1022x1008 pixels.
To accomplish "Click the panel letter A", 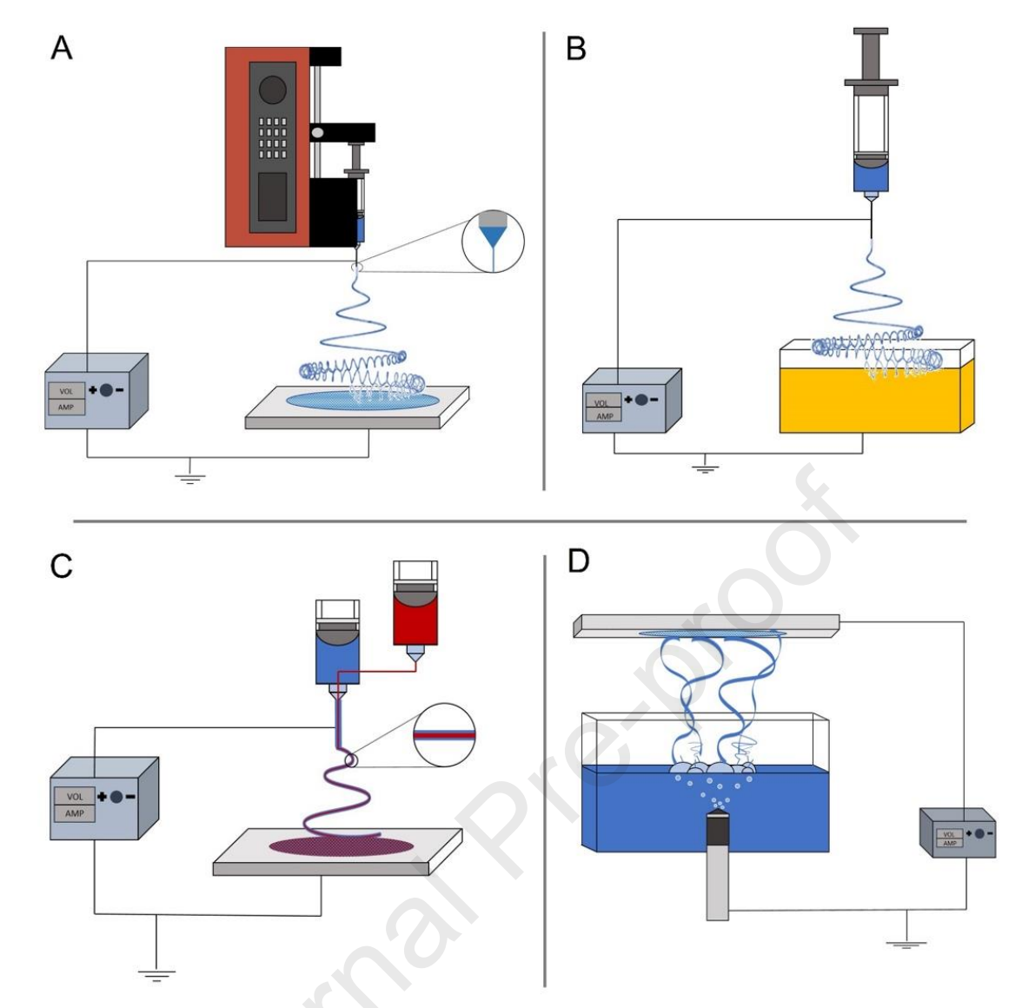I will point(62,48).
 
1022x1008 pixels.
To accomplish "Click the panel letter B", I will point(575,48).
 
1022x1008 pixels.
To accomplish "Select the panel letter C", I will point(62,566).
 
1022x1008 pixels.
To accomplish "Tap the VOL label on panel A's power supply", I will point(66,391).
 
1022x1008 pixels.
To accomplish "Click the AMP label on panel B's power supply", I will point(605,415).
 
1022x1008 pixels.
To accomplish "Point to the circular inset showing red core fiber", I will point(444,733).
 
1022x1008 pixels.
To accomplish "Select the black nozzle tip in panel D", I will point(717,830).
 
